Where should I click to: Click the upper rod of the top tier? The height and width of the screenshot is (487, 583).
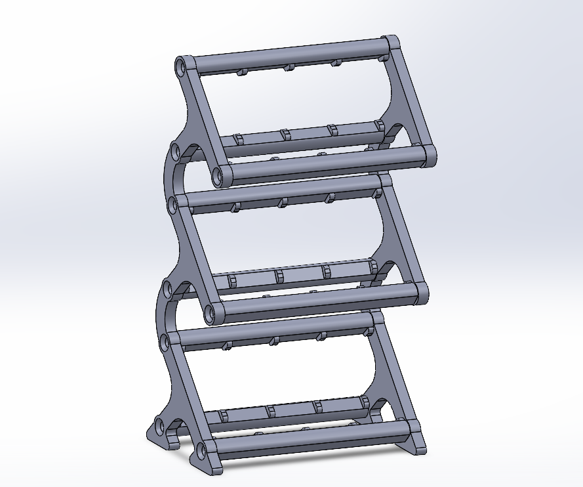tap(289, 56)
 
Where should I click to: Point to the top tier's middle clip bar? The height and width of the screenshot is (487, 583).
tap(308, 135)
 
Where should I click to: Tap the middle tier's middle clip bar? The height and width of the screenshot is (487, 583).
tap(302, 276)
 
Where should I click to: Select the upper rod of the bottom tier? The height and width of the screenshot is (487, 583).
tap(275, 331)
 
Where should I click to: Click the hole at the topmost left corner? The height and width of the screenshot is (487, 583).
tap(180, 67)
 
